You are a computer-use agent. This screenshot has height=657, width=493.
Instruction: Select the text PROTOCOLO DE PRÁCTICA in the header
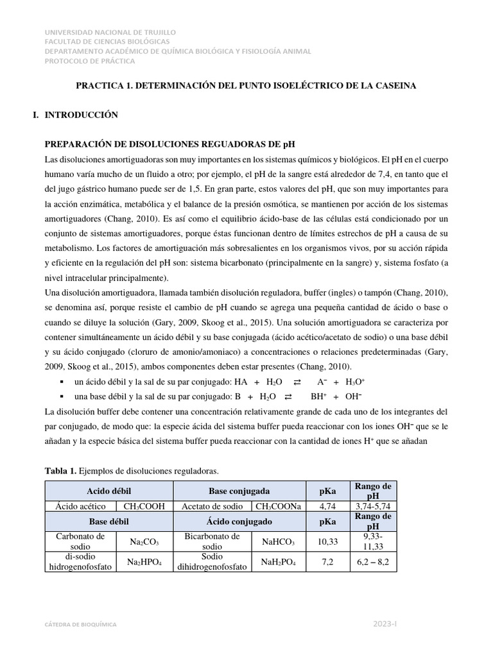click(90, 61)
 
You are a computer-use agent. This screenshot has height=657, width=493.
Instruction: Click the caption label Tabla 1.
click(60, 472)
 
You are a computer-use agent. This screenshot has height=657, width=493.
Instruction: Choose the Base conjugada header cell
click(239, 491)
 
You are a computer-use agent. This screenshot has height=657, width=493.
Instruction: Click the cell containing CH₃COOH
click(144, 506)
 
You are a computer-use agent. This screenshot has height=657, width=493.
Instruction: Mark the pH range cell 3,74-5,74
click(373, 506)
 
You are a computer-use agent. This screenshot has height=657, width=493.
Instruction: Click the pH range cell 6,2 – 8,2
click(373, 563)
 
